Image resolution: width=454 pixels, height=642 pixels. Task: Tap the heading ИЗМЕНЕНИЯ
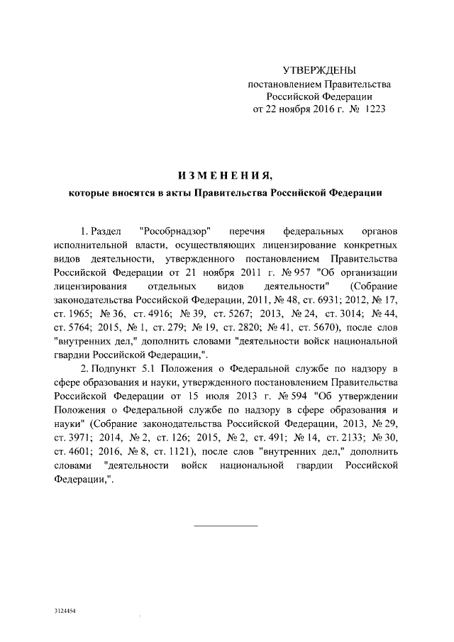click(225, 175)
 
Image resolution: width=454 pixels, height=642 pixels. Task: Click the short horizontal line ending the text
click(226, 526)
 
